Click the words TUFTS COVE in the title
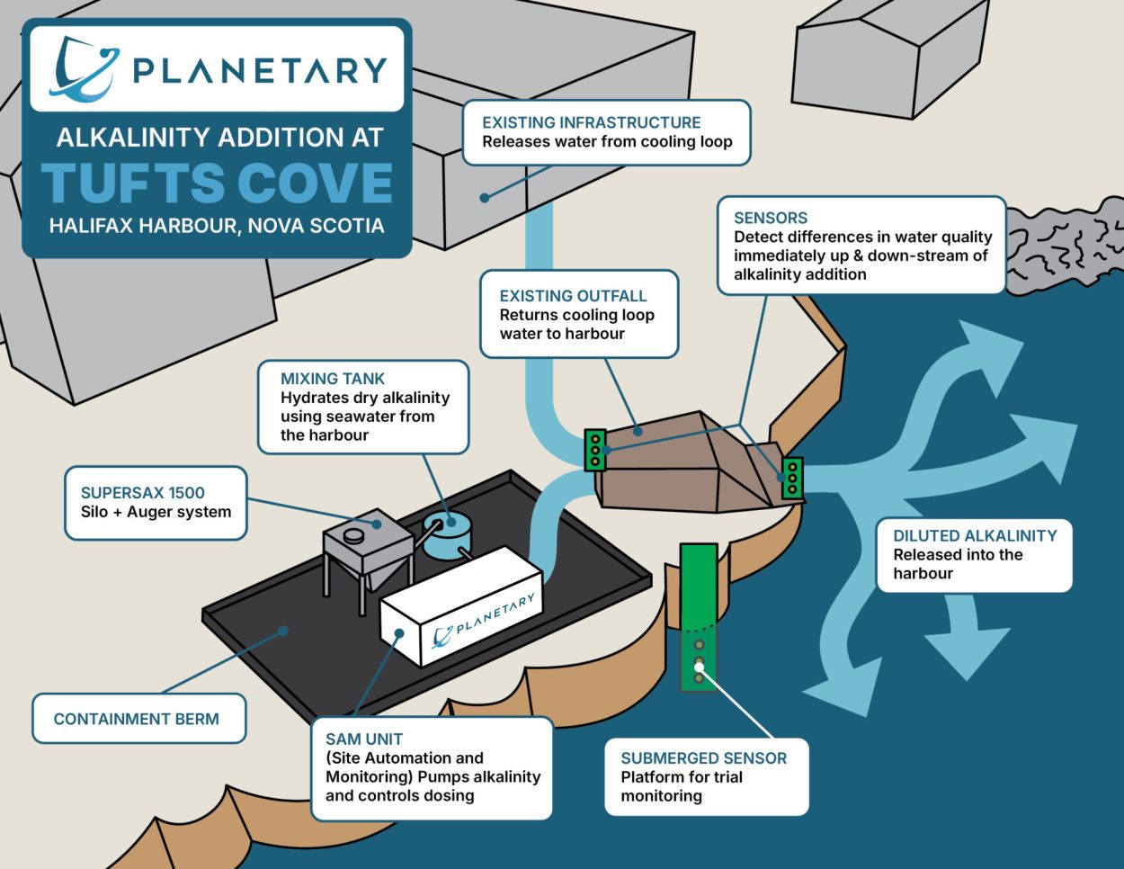217,183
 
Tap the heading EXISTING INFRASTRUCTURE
591,122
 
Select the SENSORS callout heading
771,218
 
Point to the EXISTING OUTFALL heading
573,295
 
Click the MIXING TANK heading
333,379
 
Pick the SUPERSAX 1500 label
143,492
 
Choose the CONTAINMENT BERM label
136,719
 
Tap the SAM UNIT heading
364,739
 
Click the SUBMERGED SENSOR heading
703,757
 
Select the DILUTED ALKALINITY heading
975,535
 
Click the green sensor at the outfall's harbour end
792,479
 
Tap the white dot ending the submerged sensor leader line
700,664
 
